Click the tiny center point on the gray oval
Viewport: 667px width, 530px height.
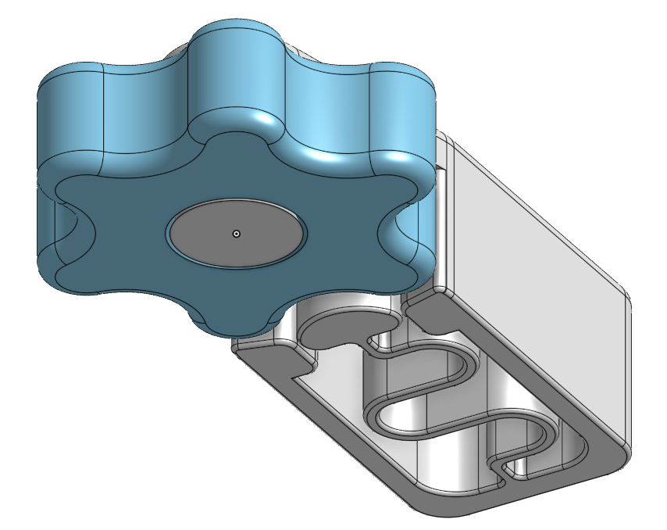pyautogui.click(x=237, y=233)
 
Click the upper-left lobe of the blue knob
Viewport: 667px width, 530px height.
pyautogui.click(x=74, y=117)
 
